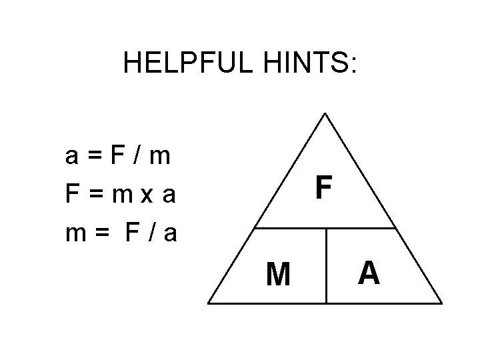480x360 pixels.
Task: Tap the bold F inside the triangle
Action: [x=323, y=188]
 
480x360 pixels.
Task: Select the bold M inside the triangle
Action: [x=277, y=273]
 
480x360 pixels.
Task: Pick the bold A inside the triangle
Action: [x=369, y=272]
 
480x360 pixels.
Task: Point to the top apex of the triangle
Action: [x=325, y=113]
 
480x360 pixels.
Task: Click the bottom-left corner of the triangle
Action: [x=209, y=303]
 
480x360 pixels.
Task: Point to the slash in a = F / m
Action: [x=137, y=157]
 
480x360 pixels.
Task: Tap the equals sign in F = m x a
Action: [x=95, y=196]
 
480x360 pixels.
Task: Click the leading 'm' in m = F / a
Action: [x=75, y=235]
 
